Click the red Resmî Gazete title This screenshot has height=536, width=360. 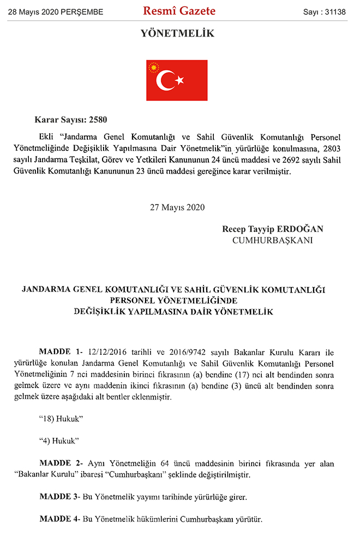(179, 11)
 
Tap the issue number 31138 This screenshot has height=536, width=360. (334, 11)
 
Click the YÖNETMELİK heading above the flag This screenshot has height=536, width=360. (177, 34)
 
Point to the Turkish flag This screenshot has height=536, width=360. (177, 80)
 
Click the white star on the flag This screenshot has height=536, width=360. (179, 81)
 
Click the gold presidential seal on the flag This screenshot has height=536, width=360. (153, 68)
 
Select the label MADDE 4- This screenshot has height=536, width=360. (61, 519)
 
